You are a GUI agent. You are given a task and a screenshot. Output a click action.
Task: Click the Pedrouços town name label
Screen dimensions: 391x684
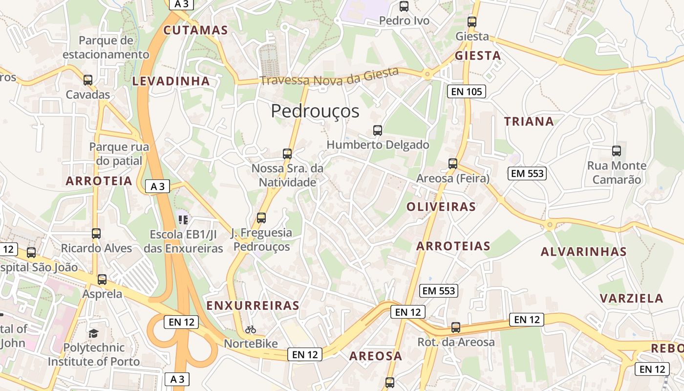point(315,111)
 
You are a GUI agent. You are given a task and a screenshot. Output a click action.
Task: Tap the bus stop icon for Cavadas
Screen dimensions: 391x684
point(88,80)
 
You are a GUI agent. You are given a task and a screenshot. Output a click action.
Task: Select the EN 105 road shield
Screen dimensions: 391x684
point(467,91)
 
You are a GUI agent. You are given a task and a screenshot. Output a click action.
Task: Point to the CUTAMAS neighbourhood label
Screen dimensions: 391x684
point(195,30)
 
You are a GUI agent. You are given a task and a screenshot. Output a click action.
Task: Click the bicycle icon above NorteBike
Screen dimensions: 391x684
point(251,329)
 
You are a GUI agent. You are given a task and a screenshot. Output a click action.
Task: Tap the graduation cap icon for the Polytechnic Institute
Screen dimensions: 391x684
point(93,333)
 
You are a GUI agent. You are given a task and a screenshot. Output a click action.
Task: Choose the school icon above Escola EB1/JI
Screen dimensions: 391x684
point(183,219)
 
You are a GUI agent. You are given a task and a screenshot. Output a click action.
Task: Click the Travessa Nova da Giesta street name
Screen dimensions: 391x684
point(330,76)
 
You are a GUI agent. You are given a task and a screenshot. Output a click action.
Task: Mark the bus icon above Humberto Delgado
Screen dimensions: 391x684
point(378,130)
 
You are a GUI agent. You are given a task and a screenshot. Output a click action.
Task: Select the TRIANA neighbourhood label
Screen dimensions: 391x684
point(529,122)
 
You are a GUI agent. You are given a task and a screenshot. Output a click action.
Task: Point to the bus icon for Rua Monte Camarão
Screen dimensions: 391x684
point(617,151)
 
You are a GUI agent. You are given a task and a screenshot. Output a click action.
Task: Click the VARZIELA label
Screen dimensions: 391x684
point(631,299)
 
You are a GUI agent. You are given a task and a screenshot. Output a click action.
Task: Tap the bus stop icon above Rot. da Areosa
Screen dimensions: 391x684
point(456,327)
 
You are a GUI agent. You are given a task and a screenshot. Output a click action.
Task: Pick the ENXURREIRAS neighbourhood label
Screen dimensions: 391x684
point(253,306)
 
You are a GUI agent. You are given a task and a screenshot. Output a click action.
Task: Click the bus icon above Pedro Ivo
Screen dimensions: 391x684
point(404,6)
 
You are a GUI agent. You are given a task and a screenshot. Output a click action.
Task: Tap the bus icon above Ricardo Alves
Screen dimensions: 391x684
point(96,233)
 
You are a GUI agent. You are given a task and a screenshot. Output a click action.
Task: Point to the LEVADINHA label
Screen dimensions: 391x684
point(171,81)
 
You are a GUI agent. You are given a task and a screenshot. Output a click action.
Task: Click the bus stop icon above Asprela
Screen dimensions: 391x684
point(102,280)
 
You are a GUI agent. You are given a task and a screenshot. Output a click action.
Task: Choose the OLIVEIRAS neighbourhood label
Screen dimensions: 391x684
point(441,207)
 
